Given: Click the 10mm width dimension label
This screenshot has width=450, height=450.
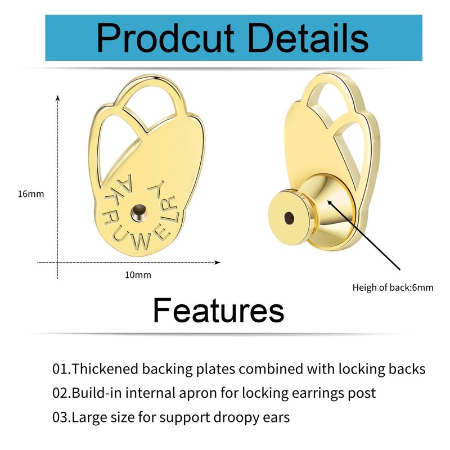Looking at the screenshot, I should tap(138, 275).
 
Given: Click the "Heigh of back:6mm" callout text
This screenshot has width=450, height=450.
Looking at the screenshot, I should tap(393, 287).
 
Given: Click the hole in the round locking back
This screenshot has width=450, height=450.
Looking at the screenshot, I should tap(289, 217).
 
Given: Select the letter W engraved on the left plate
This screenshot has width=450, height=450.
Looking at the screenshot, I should tap(141, 244).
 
